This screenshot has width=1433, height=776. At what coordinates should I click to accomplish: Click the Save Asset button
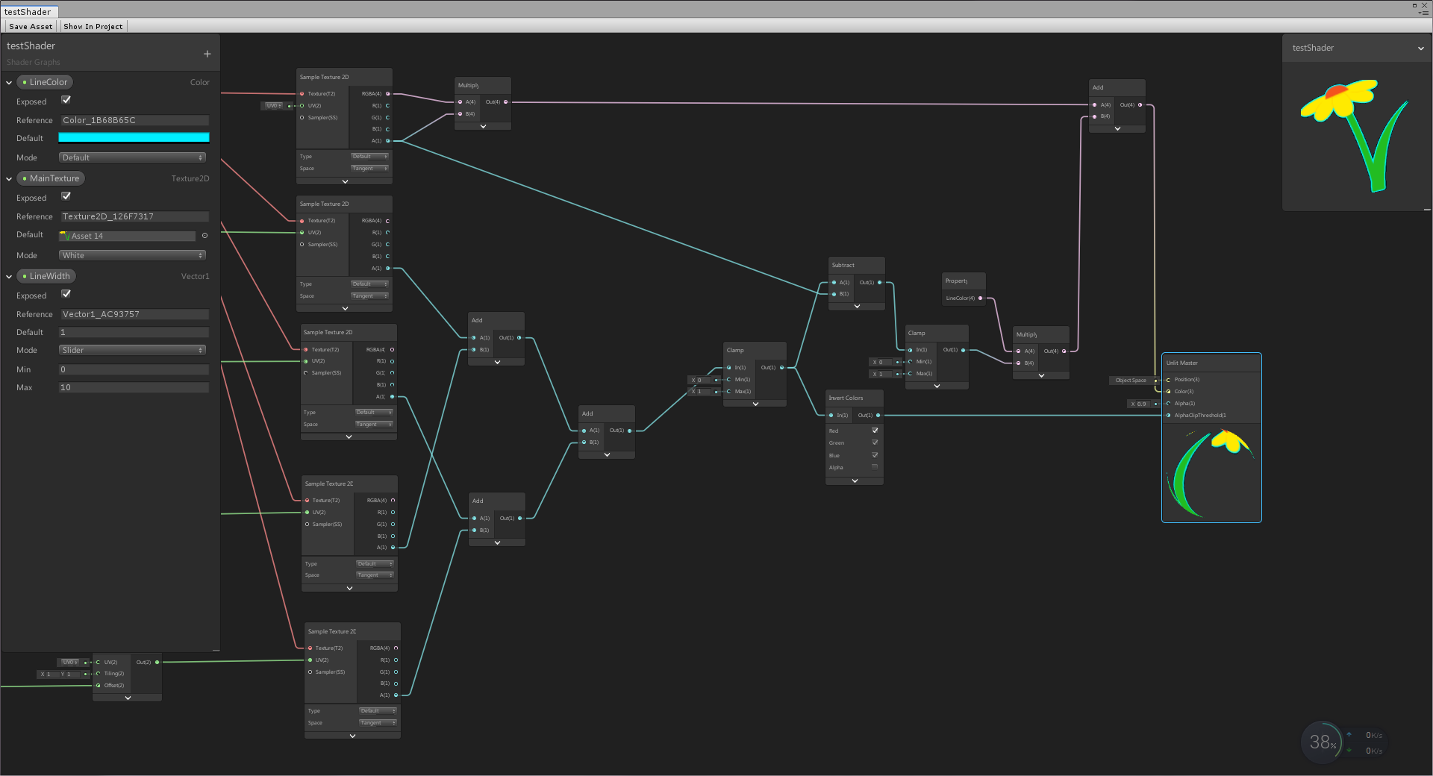tap(31, 26)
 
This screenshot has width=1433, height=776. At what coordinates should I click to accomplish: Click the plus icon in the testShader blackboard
tap(207, 54)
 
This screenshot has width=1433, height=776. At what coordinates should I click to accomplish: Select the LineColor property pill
tap(46, 82)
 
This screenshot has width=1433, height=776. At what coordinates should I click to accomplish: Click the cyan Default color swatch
tap(134, 137)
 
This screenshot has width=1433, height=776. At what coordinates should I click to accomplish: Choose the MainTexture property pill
tap(51, 178)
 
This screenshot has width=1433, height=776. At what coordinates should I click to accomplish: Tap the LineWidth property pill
tap(47, 276)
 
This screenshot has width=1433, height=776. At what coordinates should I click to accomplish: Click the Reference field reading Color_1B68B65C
tap(134, 120)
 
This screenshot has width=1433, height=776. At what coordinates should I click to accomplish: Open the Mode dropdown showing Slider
tap(132, 350)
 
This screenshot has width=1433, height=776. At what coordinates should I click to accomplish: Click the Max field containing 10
tap(134, 387)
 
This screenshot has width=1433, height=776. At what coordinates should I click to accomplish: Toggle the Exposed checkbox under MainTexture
tap(66, 196)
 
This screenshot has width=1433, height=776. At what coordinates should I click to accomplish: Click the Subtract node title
tap(843, 265)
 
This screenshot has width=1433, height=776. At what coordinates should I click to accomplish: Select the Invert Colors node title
tap(846, 398)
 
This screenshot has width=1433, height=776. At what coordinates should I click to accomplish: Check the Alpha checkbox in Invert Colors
tap(875, 467)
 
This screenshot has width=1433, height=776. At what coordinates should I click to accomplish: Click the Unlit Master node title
tap(1182, 363)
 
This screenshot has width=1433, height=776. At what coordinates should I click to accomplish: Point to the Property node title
tap(956, 281)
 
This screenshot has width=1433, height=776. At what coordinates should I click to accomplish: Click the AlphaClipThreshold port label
tap(1199, 416)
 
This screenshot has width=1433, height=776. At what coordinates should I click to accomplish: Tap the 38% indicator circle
tap(1322, 742)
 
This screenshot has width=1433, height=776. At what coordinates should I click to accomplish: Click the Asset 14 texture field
tap(128, 236)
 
